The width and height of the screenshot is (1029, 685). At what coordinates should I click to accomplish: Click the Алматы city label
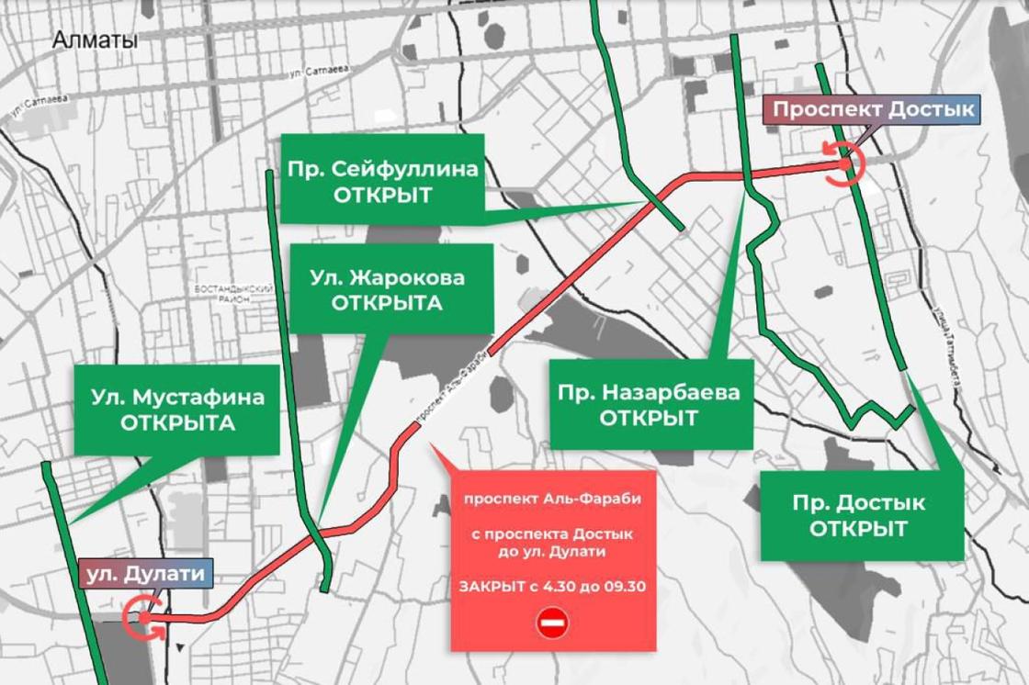pos(95,39)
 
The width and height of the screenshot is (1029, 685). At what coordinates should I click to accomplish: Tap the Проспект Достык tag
pos(872,110)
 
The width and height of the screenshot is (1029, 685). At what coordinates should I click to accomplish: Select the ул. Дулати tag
pos(146,574)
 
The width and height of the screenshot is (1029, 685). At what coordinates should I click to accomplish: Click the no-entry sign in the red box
pos(553,623)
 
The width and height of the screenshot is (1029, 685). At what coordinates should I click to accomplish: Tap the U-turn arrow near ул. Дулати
pos(144,616)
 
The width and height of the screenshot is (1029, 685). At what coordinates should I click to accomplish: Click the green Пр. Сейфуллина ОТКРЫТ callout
pos(381,181)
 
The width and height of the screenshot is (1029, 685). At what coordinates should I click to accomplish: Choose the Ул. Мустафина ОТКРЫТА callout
pos(177,410)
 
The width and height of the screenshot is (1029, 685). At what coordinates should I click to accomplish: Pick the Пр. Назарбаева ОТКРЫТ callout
pos(649,405)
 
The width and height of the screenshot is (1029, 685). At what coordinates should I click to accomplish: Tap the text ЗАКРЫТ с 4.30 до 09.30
pos(552,586)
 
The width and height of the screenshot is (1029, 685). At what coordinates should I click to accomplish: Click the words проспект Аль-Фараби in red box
pos(552,499)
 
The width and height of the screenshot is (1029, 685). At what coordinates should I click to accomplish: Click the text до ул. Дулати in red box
pos(552,551)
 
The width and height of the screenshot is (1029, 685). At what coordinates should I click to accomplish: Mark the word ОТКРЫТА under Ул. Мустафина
pos(177,423)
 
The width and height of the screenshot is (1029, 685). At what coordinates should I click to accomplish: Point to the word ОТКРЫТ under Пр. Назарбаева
pos(649,418)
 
